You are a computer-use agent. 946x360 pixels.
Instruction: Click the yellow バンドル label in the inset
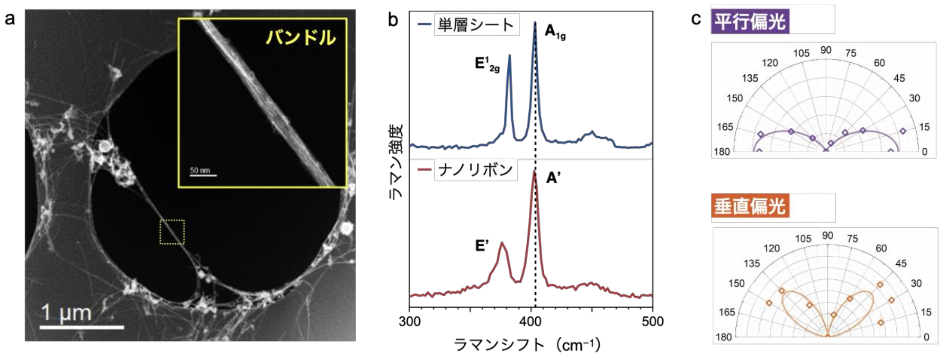(x=301, y=37)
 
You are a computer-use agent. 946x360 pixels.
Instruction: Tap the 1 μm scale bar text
(x=66, y=313)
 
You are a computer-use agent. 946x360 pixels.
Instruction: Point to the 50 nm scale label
(x=200, y=171)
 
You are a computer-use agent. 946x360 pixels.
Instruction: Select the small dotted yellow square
(x=172, y=232)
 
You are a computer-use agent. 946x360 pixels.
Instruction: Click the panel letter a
(x=9, y=19)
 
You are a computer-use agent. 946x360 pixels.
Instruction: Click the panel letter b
(x=393, y=20)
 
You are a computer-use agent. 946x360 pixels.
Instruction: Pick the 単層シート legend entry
(x=475, y=25)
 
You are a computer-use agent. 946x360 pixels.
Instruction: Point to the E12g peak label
(x=487, y=64)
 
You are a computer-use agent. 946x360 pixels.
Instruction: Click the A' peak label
(x=553, y=178)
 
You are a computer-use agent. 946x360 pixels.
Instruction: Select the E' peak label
(x=482, y=246)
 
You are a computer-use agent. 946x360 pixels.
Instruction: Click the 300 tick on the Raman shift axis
(x=410, y=322)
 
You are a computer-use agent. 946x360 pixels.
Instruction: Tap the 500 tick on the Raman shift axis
(x=652, y=322)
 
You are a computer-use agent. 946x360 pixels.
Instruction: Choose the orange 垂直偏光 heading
(x=750, y=207)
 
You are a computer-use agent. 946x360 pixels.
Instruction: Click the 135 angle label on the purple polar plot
(x=750, y=78)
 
